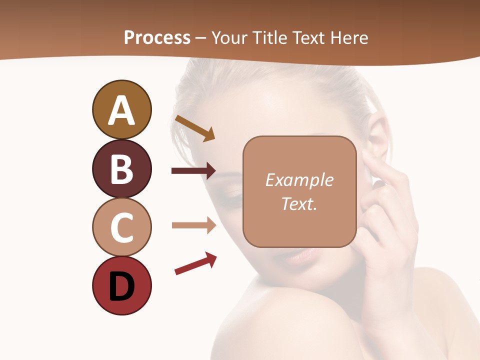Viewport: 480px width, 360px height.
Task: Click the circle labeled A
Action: pyautogui.click(x=121, y=109)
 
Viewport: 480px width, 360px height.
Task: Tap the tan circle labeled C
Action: pyautogui.click(x=121, y=227)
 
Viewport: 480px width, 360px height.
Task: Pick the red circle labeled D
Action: pyautogui.click(x=121, y=285)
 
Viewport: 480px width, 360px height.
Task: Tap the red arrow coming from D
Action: pyautogui.click(x=195, y=263)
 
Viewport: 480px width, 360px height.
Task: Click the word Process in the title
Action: pyautogui.click(x=157, y=37)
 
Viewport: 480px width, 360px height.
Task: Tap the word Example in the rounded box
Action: pyautogui.click(x=299, y=180)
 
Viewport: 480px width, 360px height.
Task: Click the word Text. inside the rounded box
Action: pyautogui.click(x=299, y=203)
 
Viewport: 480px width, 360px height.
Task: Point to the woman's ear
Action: pyautogui.click(x=376, y=137)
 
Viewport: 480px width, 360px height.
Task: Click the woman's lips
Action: pyautogui.click(x=302, y=255)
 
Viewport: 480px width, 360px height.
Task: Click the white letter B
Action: pyautogui.click(x=121, y=169)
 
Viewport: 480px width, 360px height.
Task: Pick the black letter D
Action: pyautogui.click(x=121, y=286)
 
